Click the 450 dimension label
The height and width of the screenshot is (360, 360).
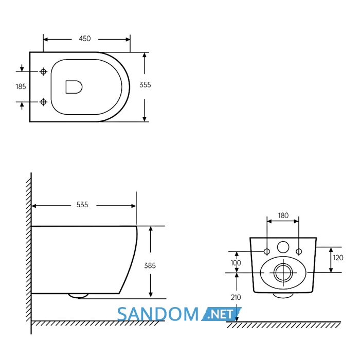click(85, 39)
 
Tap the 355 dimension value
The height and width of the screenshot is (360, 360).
click(145, 85)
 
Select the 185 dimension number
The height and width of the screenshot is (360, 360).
click(21, 86)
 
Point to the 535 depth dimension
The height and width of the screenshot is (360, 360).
click(82, 205)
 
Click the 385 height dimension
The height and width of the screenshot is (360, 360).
click(150, 266)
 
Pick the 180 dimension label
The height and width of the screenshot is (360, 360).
click(283, 215)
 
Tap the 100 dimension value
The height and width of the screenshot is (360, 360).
click(236, 263)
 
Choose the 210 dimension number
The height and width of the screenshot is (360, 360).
click(236, 297)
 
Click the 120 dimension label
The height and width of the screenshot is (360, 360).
click(338, 258)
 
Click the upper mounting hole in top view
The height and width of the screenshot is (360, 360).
click(43, 71)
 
